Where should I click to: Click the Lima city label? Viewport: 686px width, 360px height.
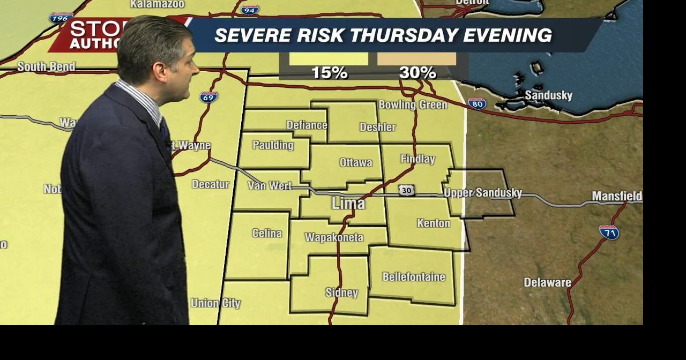tap(348, 204)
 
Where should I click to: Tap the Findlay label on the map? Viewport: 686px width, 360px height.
tap(417, 159)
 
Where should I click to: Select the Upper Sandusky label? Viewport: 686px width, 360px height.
tap(483, 193)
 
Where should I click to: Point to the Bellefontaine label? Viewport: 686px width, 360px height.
tap(413, 277)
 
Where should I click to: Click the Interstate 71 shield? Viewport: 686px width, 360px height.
tap(609, 232)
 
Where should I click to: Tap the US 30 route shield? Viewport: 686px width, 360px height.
tap(406, 190)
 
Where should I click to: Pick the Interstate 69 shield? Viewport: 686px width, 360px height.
tap(208, 97)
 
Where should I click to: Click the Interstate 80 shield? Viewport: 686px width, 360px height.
tap(477, 103)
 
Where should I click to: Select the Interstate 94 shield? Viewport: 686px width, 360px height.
tap(250, 10)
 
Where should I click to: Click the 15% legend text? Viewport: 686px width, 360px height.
tap(329, 73)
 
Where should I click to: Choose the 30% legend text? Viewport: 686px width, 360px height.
tap(417, 73)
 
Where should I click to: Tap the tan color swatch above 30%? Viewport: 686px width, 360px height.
tap(416, 58)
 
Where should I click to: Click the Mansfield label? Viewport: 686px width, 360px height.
tap(616, 196)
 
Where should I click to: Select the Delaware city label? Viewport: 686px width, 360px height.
tap(547, 282)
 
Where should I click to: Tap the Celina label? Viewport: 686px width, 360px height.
tap(266, 234)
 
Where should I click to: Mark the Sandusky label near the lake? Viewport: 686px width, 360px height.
tap(548, 95)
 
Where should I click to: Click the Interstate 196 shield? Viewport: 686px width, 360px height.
tap(61, 18)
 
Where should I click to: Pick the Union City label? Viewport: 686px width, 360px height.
tap(215, 303)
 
